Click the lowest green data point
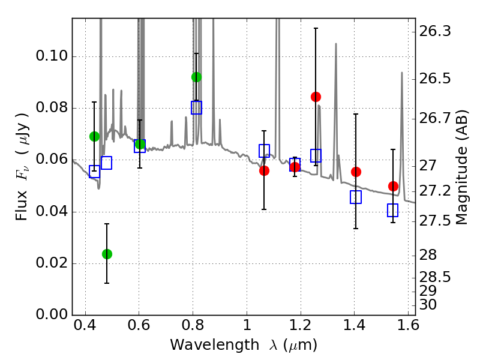point(107,254)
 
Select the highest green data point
point(196,77)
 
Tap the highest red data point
point(316,97)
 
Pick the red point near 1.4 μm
point(356,172)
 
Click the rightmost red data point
point(393,186)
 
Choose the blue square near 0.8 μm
point(196,107)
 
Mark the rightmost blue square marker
point(393,210)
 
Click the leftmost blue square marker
point(94,172)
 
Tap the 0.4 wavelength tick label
point(85,327)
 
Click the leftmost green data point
point(94,136)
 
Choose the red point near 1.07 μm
point(264,170)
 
